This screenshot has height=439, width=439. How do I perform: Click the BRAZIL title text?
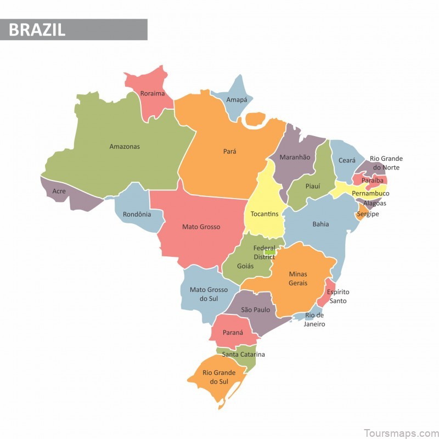point(37,29)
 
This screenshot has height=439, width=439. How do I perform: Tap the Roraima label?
point(153,93)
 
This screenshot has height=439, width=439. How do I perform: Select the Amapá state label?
point(237,100)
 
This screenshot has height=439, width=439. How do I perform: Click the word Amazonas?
point(125,147)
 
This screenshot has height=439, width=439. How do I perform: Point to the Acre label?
point(59,192)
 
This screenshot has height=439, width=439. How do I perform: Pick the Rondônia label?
point(137,214)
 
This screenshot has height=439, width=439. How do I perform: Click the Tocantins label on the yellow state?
point(264,214)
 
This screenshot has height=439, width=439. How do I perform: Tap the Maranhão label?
point(295,157)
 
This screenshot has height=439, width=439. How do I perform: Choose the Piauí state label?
point(312,187)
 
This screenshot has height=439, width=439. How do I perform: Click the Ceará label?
point(347,161)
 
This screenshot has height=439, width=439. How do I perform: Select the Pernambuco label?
point(370,194)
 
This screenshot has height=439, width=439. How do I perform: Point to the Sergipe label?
point(368,214)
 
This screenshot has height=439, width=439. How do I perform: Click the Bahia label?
point(321,224)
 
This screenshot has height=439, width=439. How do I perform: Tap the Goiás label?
point(245,266)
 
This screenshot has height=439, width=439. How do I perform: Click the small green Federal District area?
point(269,252)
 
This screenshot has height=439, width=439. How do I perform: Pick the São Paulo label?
point(255,310)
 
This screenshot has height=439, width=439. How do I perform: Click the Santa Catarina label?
point(243,354)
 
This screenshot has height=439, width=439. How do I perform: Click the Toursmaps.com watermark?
point(403,433)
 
